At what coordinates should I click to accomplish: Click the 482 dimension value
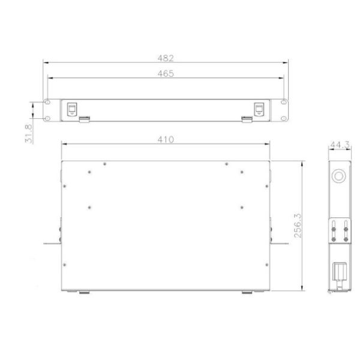[166, 58]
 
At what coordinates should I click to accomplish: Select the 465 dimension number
[166, 74]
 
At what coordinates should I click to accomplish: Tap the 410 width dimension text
[166, 139]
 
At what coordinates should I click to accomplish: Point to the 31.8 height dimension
[29, 134]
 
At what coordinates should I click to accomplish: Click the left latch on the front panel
[72, 109]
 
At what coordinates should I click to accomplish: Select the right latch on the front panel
[259, 109]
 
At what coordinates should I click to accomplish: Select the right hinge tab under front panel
[247, 119]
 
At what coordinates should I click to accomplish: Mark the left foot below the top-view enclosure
[85, 293]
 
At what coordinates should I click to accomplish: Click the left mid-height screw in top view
[89, 207]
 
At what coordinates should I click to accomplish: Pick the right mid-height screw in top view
[241, 207]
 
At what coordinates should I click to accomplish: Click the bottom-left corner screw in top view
[65, 265]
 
